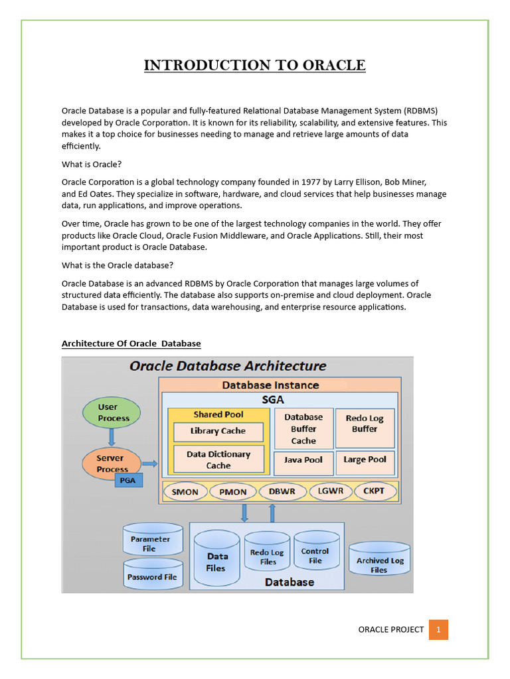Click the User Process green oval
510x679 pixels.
pos(112,412)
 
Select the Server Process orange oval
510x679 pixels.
pos(112,463)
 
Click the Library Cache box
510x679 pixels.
pos(218,431)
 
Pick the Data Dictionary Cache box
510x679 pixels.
pos(218,460)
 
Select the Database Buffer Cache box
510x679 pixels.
pos(303,429)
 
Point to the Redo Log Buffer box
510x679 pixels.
pos(365,424)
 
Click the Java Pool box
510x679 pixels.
pos(303,460)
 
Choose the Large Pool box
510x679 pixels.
pos(365,460)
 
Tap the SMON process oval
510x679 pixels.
pos(185,492)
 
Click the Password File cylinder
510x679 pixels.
pos(152,576)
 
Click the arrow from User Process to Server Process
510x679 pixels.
pos(112,437)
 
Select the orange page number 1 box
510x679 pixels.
pos(438,629)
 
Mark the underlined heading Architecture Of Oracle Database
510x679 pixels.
pos(131,343)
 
